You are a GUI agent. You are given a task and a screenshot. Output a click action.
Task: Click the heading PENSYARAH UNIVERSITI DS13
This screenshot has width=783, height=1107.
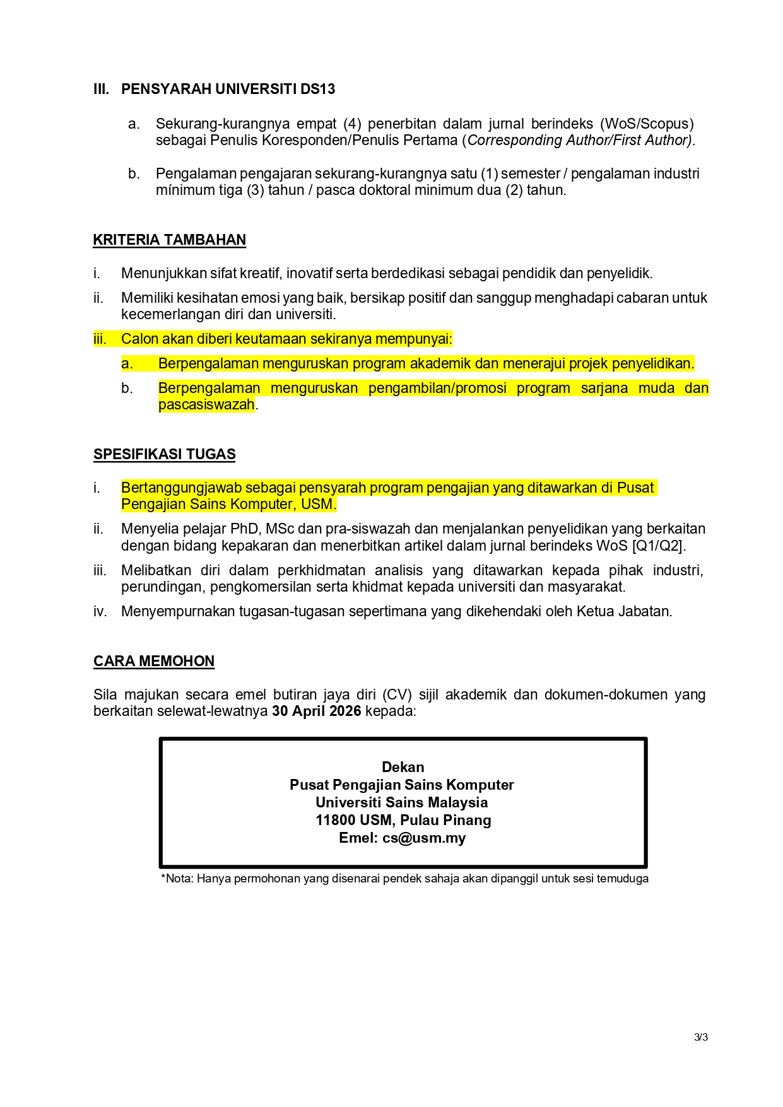[x=228, y=89]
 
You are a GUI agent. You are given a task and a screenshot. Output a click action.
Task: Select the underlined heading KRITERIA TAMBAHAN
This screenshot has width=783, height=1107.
[x=169, y=240]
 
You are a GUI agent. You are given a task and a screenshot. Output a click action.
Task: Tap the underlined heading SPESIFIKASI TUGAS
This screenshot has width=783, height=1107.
[x=164, y=454]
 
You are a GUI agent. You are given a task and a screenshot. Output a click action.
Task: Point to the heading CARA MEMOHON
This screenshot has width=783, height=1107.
[x=154, y=661]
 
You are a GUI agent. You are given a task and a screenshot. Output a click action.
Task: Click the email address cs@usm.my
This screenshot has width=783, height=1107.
[x=424, y=838]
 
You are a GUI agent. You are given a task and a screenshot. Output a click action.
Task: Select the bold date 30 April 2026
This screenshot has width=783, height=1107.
[x=316, y=711]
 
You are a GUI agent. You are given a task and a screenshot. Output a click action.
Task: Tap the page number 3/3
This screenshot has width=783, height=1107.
[x=700, y=1037]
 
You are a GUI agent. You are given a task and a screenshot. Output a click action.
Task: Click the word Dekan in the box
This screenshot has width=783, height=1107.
[x=403, y=767]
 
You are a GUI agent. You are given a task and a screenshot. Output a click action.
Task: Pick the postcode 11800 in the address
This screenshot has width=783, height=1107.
[x=335, y=820]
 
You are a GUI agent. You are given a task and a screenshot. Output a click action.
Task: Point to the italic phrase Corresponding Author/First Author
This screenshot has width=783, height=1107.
[x=577, y=140]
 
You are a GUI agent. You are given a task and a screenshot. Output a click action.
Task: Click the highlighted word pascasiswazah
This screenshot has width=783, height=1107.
[x=206, y=404]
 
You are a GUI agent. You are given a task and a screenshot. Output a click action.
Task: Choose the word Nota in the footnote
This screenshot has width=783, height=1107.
[x=179, y=879]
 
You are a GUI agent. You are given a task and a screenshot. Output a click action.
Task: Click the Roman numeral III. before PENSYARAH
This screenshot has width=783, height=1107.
[x=101, y=89]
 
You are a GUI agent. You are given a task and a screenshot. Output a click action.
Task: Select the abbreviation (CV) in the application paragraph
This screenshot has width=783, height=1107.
[x=397, y=694]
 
